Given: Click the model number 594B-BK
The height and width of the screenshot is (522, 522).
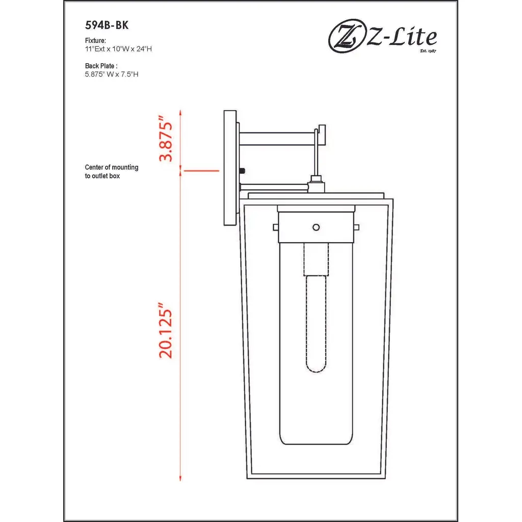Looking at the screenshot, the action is [x=107, y=25].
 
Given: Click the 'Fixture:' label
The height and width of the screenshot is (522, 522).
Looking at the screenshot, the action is [x=95, y=41].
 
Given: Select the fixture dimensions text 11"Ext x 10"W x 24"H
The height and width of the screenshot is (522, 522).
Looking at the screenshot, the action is [x=118, y=49].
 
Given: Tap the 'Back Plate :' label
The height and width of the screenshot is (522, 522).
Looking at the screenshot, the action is [x=101, y=66].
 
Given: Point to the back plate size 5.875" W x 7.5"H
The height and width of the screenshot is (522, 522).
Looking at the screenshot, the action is [x=112, y=74].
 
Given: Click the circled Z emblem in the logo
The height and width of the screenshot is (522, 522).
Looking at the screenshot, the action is [x=346, y=37].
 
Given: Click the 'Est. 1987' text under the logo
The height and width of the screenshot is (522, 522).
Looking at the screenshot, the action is [x=428, y=50].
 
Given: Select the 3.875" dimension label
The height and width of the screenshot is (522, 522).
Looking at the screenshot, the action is [x=166, y=139].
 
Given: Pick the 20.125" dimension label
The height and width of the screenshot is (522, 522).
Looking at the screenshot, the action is [x=166, y=330].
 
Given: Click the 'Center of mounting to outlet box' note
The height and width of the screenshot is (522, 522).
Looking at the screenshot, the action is [x=112, y=171].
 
